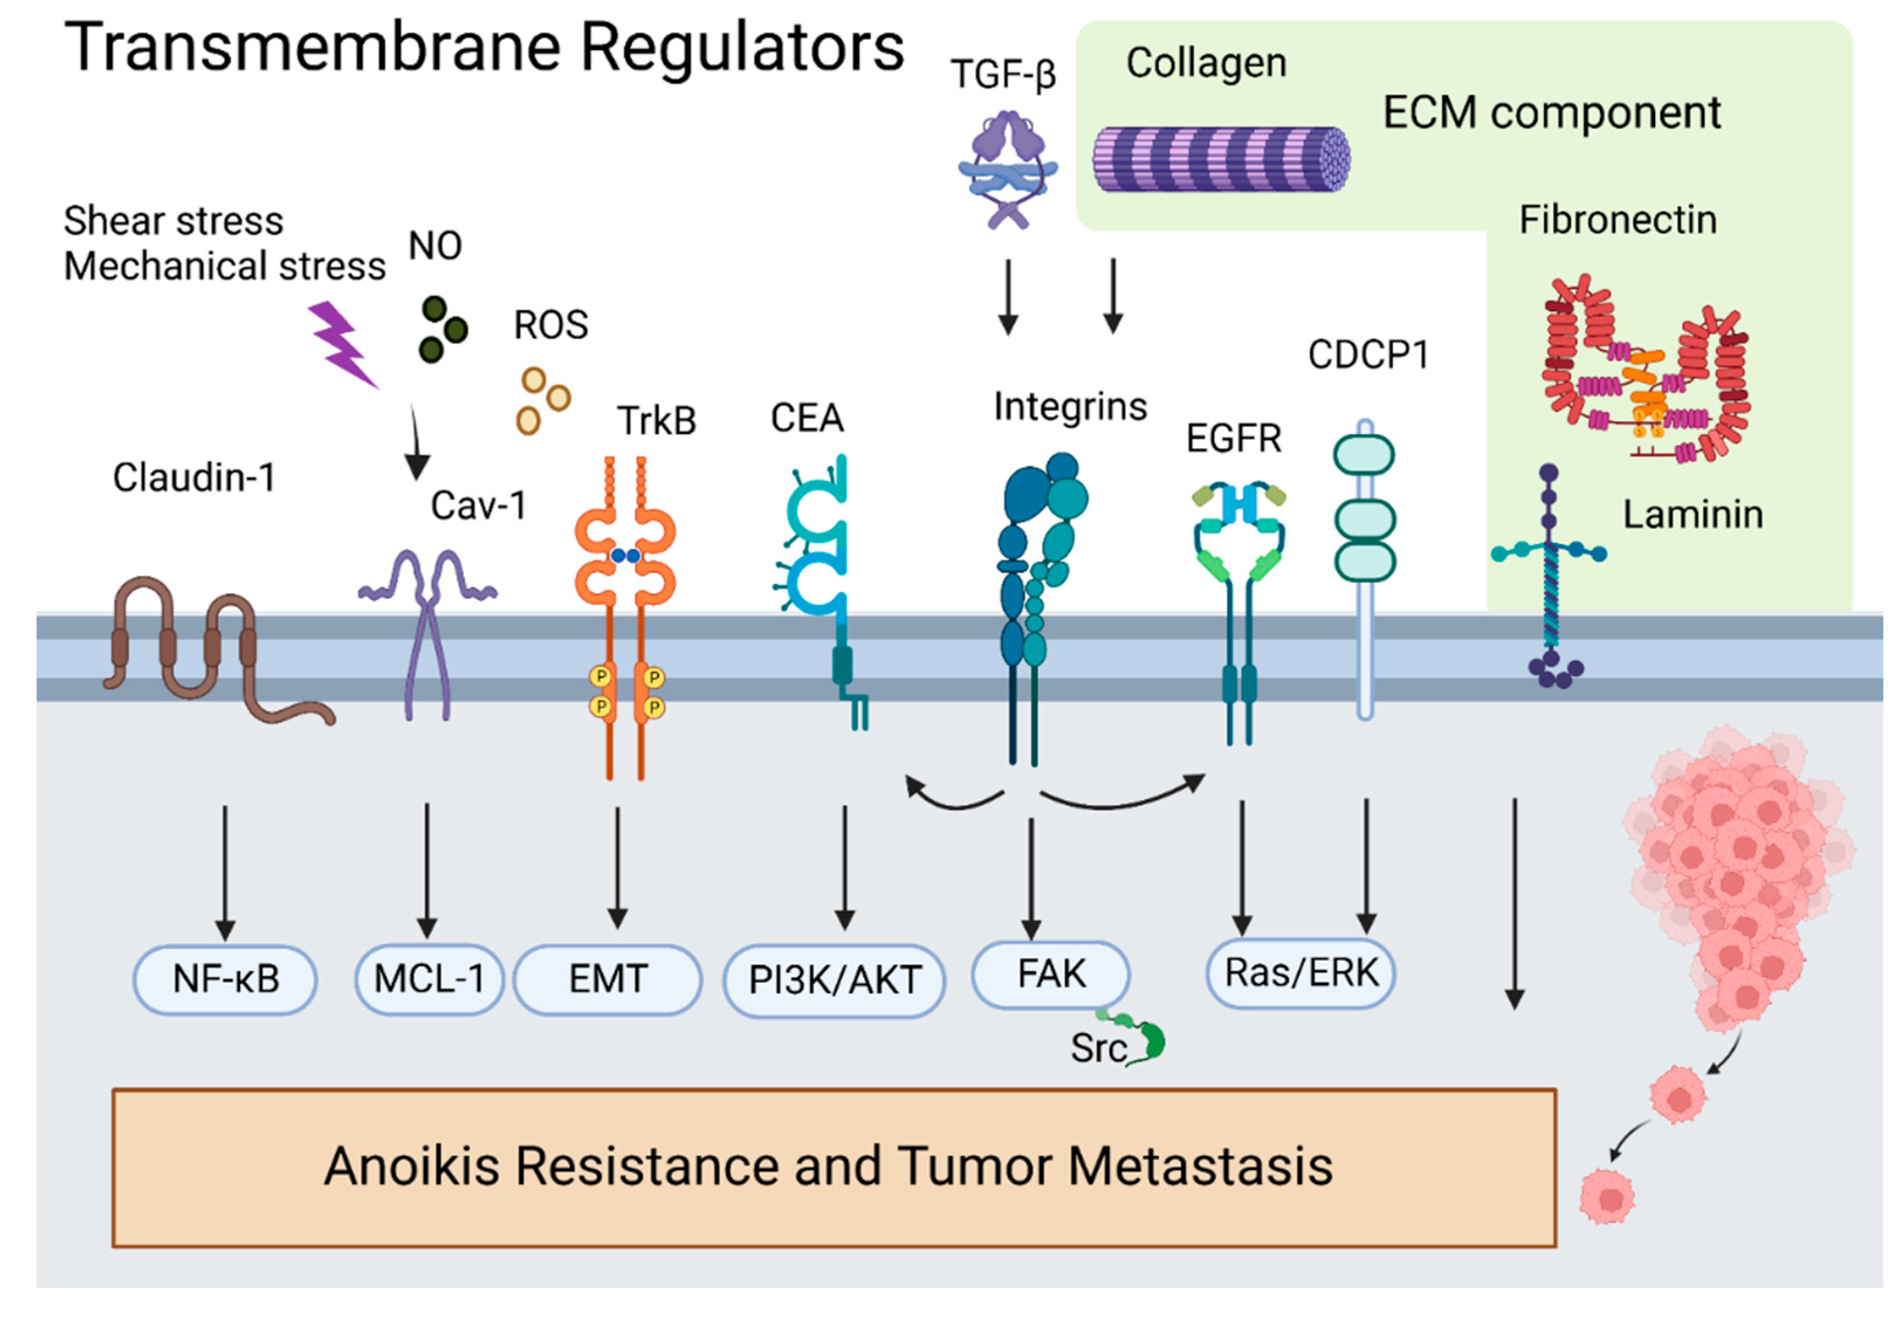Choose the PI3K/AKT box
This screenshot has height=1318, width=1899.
point(834,980)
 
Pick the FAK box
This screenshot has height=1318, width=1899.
point(1050,975)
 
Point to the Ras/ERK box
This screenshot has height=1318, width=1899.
point(1301,973)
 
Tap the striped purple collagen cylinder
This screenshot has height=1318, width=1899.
point(1221,159)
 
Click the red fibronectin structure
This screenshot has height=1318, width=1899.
point(1646,369)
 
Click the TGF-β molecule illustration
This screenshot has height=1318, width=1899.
point(1007,169)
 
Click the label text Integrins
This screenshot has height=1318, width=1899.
point(1070,407)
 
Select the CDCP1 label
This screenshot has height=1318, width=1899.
point(1368,355)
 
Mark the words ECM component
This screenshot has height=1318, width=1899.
point(1551,112)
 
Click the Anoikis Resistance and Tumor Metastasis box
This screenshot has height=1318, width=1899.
point(834,1167)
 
